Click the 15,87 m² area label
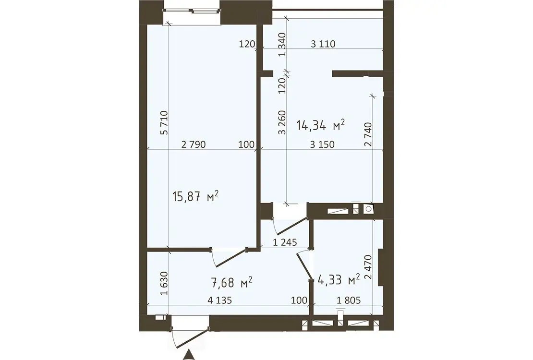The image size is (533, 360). [x=195, y=196]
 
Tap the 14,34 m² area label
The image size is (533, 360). [x=321, y=125]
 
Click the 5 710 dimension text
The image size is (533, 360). [x=164, y=123]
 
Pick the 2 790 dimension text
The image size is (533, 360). [x=194, y=144]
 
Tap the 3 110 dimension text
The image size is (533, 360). [x=323, y=44]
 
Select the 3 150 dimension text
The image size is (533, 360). [x=322, y=144]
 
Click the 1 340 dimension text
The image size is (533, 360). [x=282, y=45]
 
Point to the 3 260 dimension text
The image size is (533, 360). [x=282, y=122]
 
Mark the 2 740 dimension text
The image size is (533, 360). [x=368, y=134]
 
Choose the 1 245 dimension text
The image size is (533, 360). [x=285, y=242]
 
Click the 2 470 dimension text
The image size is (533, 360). [x=368, y=267]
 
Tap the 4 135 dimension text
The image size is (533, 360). [x=219, y=300]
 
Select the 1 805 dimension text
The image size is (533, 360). [x=349, y=300]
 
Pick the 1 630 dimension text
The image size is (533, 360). [x=164, y=283]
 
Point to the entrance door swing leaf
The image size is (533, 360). [x=192, y=337]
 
